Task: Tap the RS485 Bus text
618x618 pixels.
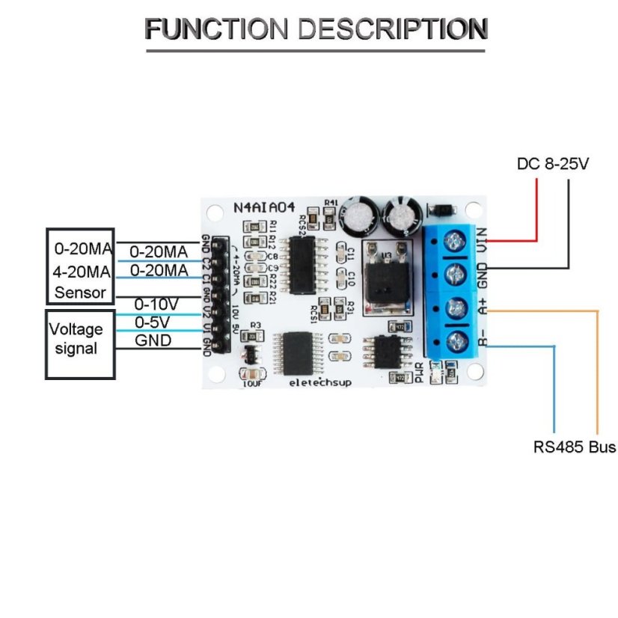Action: [x=575, y=447]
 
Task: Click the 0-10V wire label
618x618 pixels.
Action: [x=156, y=305]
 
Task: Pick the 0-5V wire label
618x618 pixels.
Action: [x=153, y=322]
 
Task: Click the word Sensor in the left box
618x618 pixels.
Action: [x=80, y=292]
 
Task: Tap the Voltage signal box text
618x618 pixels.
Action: [x=76, y=338]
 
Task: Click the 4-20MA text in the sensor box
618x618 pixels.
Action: [x=82, y=270]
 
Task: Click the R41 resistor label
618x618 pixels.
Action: [x=331, y=203]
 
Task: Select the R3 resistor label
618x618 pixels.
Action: [x=256, y=325]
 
